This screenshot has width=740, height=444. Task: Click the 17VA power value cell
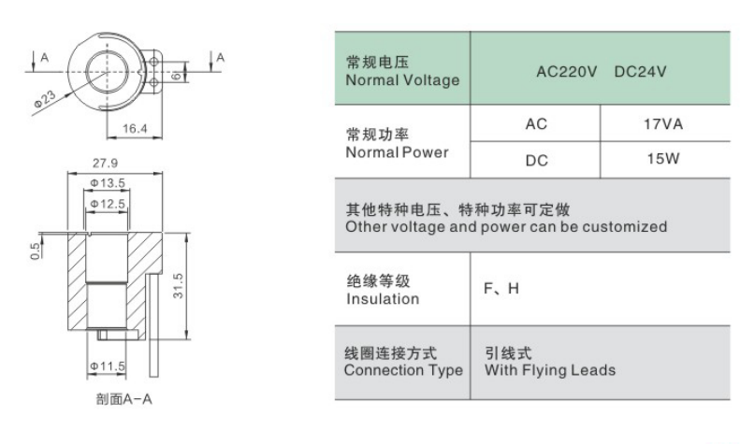pyautogui.click(x=663, y=124)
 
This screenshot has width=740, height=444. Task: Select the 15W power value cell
pyautogui.click(x=663, y=159)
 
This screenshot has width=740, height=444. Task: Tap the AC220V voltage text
pyautogui.click(x=566, y=72)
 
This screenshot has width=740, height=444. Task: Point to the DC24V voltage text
pyautogui.click(x=641, y=72)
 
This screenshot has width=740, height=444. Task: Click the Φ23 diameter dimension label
pyautogui.click(x=44, y=99)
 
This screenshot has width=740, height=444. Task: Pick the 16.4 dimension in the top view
pyautogui.click(x=135, y=128)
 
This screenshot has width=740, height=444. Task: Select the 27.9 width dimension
pyautogui.click(x=105, y=163)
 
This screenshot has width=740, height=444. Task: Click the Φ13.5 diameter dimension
pyautogui.click(x=108, y=183)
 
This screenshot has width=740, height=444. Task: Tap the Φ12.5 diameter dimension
pyautogui.click(x=108, y=204)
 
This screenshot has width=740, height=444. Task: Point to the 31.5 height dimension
pyautogui.click(x=179, y=286)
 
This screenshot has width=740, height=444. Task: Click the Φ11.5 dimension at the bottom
pyautogui.click(x=108, y=366)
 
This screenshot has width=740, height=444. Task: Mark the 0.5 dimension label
pyautogui.click(x=35, y=251)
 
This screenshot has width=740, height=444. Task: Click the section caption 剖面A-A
pyautogui.click(x=124, y=399)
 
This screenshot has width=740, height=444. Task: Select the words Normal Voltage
pyautogui.click(x=402, y=80)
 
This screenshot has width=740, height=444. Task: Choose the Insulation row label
pyautogui.click(x=383, y=299)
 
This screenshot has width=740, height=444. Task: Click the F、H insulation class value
pyautogui.click(x=501, y=289)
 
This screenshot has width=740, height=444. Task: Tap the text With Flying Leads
pyautogui.click(x=550, y=370)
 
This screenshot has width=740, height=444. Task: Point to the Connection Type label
pyautogui.click(x=404, y=370)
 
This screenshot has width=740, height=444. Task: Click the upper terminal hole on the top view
pyautogui.click(x=153, y=62)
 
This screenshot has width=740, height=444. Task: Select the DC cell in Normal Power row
pyautogui.click(x=537, y=161)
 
